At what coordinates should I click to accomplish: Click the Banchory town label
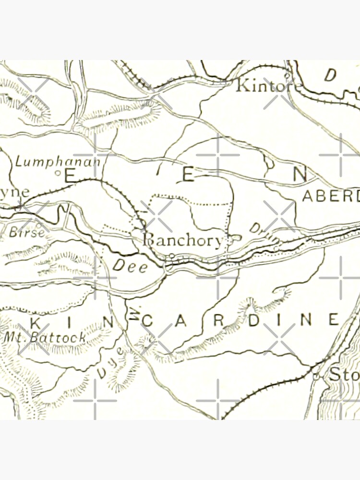point(183,240)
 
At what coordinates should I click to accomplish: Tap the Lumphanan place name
point(58,161)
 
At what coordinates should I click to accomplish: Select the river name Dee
point(130,267)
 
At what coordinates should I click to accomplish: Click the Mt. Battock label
point(45,337)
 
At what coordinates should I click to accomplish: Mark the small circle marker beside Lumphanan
point(57,172)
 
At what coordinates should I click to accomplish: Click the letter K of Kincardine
point(34,322)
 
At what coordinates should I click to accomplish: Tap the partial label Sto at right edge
point(344,375)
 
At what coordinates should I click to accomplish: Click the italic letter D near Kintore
point(330,75)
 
